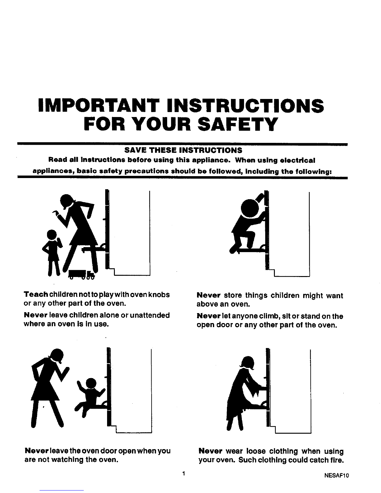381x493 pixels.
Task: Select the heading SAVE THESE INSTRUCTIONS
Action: (183, 150)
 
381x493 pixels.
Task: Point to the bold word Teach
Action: (36, 294)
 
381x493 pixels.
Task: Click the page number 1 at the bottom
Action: (184, 473)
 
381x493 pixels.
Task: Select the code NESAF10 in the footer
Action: (336, 475)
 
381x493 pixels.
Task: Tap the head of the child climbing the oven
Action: (250, 208)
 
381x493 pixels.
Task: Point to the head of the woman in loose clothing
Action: (247, 363)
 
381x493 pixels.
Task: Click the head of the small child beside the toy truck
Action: (52, 235)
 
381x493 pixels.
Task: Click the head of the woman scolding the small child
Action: (67, 201)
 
